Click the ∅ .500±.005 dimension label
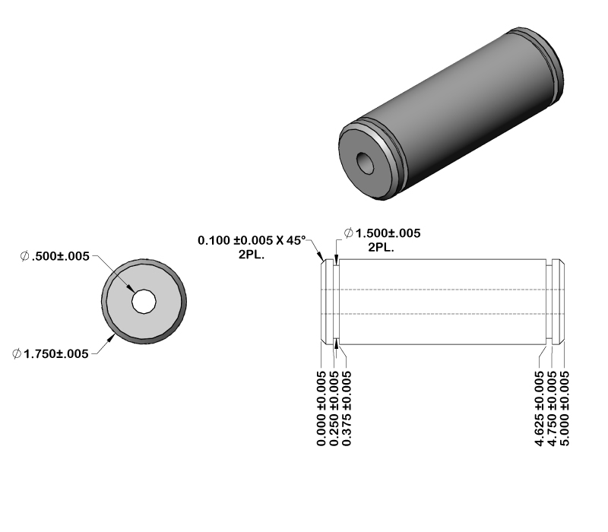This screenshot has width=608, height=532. click(x=55, y=256)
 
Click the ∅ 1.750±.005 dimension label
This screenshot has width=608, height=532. click(x=51, y=353)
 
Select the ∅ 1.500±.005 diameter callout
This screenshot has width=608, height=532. click(x=382, y=233)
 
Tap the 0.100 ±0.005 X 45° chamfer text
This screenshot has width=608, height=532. click(x=251, y=240)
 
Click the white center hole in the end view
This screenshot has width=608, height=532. click(x=143, y=302)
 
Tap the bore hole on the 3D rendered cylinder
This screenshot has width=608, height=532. click(x=368, y=162)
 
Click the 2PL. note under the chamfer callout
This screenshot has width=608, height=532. click(x=251, y=255)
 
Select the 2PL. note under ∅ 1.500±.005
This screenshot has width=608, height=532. click(x=382, y=248)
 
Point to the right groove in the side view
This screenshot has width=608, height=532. click(x=550, y=302)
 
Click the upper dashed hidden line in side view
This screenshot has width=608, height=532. click(x=441, y=290)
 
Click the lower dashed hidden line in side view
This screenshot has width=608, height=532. click(x=441, y=314)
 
